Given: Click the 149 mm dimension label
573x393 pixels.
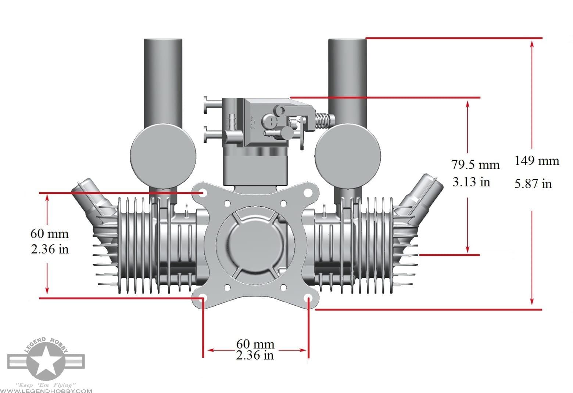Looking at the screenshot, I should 536,161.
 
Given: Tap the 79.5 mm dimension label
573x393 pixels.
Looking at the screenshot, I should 475,165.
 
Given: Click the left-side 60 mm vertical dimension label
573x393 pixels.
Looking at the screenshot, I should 49,233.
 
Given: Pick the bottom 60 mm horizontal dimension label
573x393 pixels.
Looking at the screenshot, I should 255,344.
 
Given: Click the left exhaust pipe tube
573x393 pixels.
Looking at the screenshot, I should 163,81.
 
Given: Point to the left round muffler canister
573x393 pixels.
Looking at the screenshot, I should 163,156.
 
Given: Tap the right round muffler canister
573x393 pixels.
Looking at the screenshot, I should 347,156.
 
